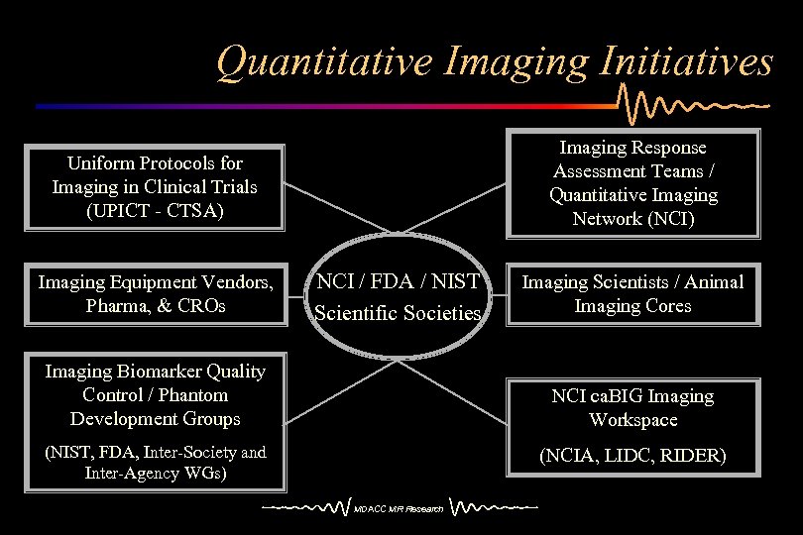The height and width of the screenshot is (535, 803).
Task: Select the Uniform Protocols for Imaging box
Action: click(155, 186)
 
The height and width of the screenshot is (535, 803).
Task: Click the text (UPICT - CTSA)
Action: click(155, 210)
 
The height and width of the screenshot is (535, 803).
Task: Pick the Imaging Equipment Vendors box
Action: click(155, 295)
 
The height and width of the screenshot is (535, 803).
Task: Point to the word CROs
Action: click(201, 306)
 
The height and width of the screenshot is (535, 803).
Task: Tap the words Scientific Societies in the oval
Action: click(398, 314)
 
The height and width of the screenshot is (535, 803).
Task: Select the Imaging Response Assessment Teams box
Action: click(633, 183)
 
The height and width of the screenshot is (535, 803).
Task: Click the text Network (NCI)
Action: click(633, 219)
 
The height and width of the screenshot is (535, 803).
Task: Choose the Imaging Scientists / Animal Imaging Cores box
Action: click(633, 295)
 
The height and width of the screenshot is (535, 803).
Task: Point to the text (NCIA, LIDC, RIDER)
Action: click(633, 457)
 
